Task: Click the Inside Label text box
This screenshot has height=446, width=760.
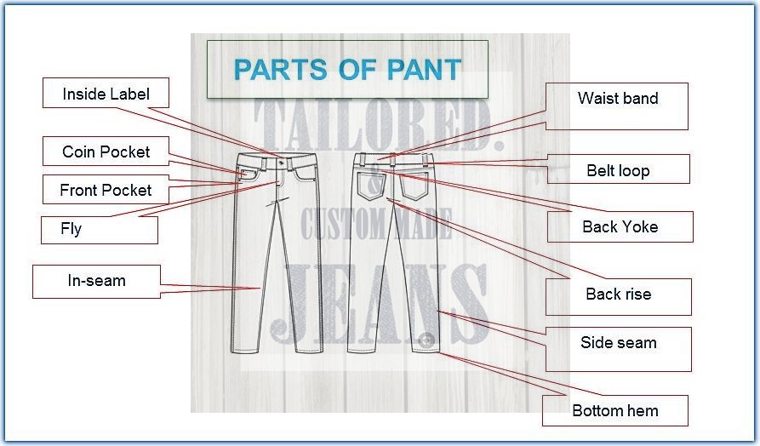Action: [106, 93]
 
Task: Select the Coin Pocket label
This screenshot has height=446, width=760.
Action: [106, 152]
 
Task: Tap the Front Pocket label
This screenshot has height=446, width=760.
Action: [106, 190]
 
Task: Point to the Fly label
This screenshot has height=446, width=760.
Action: [100, 230]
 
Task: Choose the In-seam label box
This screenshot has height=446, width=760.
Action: [96, 281]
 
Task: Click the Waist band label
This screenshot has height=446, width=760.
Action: [617, 106]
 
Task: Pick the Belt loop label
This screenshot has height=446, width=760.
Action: [619, 169]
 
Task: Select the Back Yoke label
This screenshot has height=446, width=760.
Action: [620, 227]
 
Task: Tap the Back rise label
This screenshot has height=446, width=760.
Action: [619, 297]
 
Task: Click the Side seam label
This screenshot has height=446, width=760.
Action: [619, 349]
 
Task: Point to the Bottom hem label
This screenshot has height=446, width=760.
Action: [615, 410]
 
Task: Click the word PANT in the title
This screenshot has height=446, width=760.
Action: [424, 70]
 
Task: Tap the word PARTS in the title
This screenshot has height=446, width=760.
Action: [280, 70]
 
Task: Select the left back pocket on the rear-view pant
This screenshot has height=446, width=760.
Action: [371, 186]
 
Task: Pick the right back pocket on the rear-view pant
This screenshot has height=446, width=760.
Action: [414, 186]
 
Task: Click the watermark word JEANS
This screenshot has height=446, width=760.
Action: [378, 303]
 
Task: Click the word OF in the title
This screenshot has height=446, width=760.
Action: [357, 70]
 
